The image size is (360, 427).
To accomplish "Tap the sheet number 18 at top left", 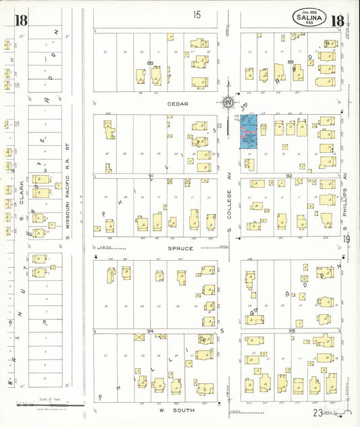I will click(x=21, y=20).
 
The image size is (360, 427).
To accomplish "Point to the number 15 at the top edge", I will click(x=197, y=14).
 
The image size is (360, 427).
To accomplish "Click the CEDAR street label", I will click(x=178, y=104).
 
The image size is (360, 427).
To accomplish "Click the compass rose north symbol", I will click(x=228, y=103).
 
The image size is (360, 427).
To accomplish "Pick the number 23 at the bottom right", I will click(x=317, y=411).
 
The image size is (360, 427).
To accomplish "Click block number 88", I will click(x=150, y=63).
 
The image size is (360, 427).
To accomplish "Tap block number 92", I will click(x=288, y=176).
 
